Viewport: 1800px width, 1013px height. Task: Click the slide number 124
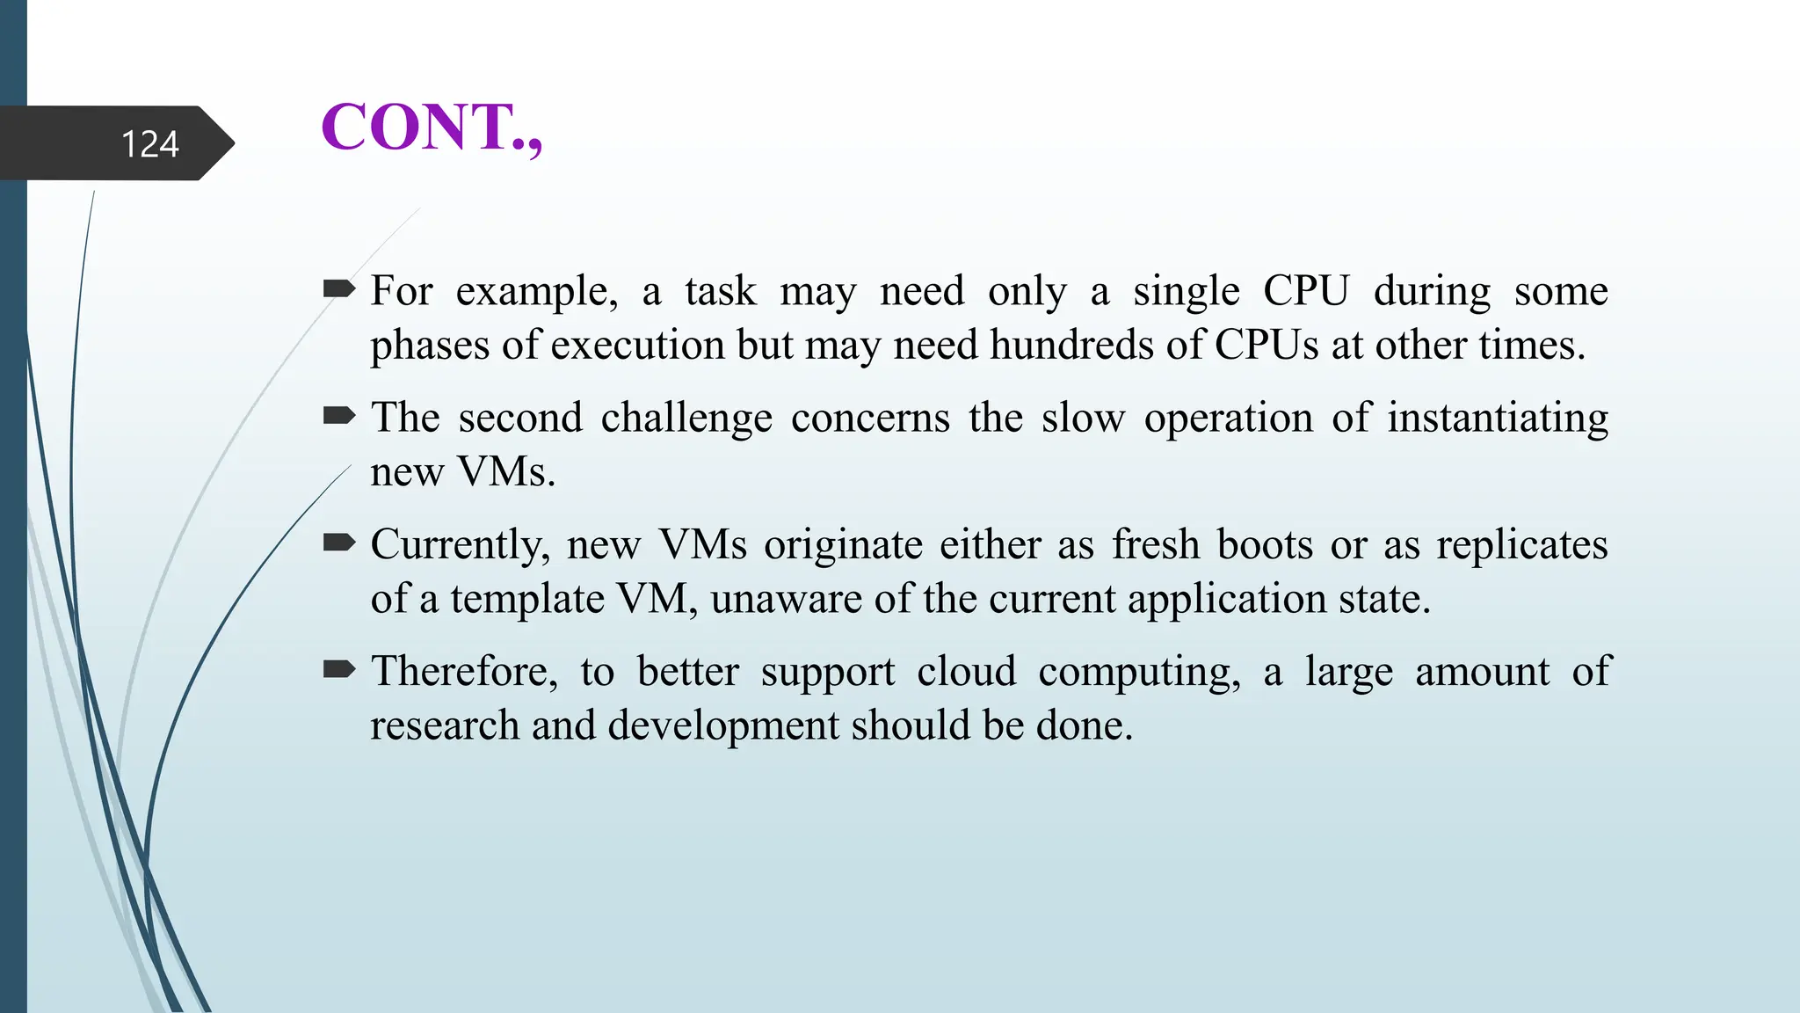tap(149, 144)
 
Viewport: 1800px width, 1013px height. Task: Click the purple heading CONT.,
tap(432, 128)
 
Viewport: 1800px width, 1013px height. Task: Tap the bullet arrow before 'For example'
tap(338, 288)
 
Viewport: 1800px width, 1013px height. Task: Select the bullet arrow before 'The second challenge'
tap(338, 415)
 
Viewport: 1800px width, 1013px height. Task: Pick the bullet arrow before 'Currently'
tap(338, 543)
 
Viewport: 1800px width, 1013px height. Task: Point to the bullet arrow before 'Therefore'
tap(338, 670)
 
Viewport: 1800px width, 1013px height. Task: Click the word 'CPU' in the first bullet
tap(1305, 291)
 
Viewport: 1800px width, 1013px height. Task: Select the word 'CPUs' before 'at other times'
tap(1267, 345)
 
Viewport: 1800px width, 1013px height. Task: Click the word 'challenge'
tap(686, 419)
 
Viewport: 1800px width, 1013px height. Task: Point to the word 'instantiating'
tap(1498, 419)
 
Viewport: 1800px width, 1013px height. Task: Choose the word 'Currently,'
tap(460, 546)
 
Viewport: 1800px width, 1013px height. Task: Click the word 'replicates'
tap(1522, 546)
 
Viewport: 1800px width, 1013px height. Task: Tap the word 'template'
tap(527, 600)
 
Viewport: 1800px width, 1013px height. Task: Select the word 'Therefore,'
tap(464, 672)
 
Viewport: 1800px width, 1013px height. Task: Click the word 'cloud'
tap(966, 672)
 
